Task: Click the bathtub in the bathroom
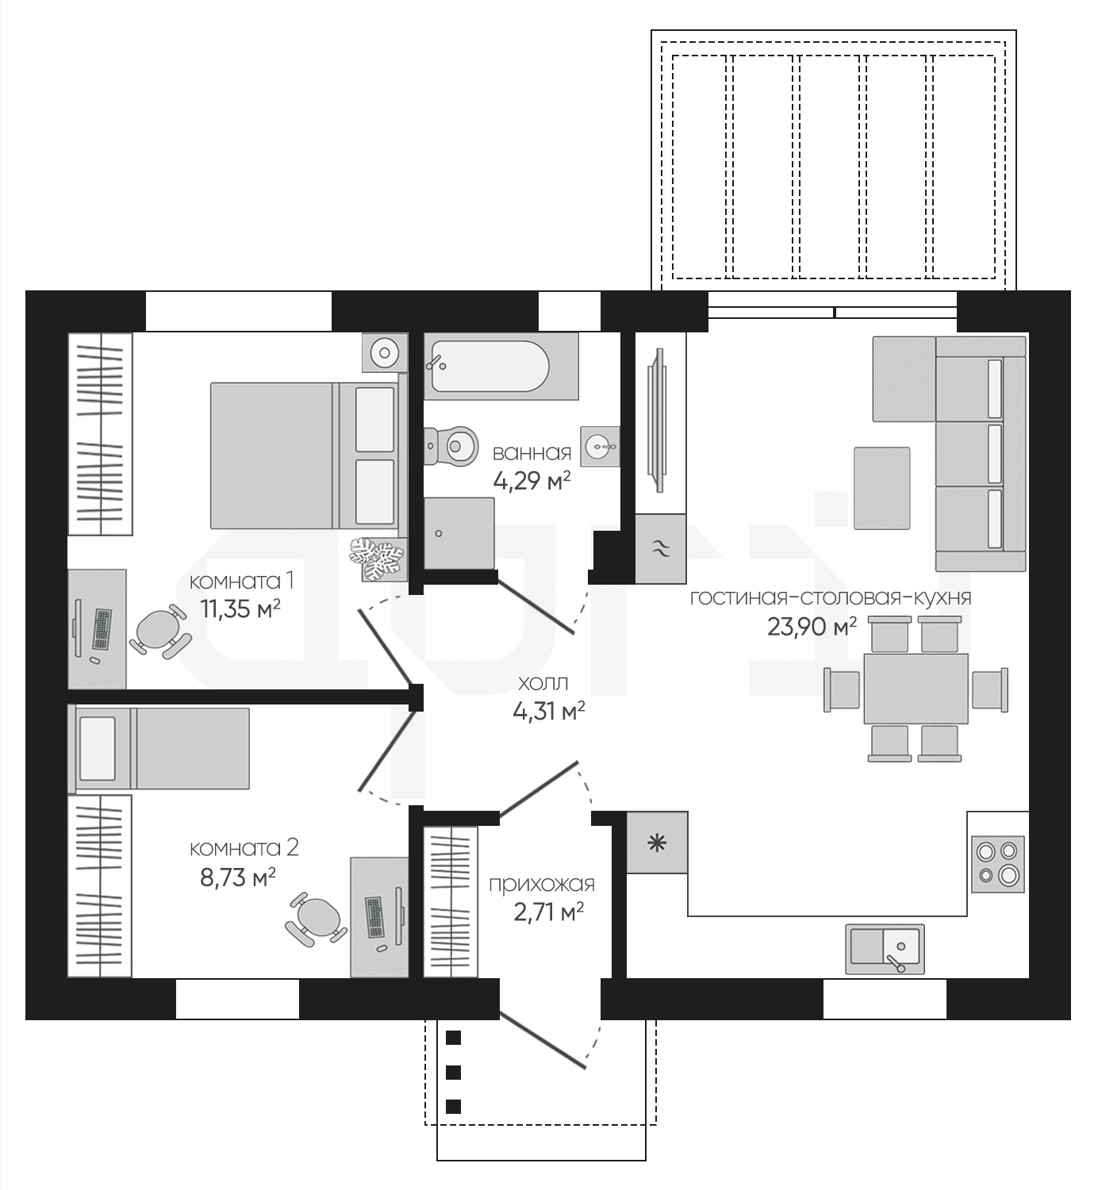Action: pos(501,366)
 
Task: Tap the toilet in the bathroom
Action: pos(451,446)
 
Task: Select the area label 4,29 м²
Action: pos(532,480)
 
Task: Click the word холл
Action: pos(543,683)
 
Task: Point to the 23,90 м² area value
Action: pos(812,627)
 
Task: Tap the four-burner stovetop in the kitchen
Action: pos(998,864)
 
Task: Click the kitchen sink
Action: pos(885,949)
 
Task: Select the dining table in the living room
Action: pos(916,689)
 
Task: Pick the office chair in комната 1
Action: pos(160,629)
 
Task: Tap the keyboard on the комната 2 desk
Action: pos(374,917)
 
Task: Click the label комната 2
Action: pos(244,848)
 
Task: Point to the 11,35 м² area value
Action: pos(240,608)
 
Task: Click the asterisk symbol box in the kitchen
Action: pos(658,843)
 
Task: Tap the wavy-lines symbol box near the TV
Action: pos(661,548)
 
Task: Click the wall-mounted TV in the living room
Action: pos(658,420)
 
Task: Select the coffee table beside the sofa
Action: pos(881,489)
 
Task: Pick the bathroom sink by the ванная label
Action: pos(600,446)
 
